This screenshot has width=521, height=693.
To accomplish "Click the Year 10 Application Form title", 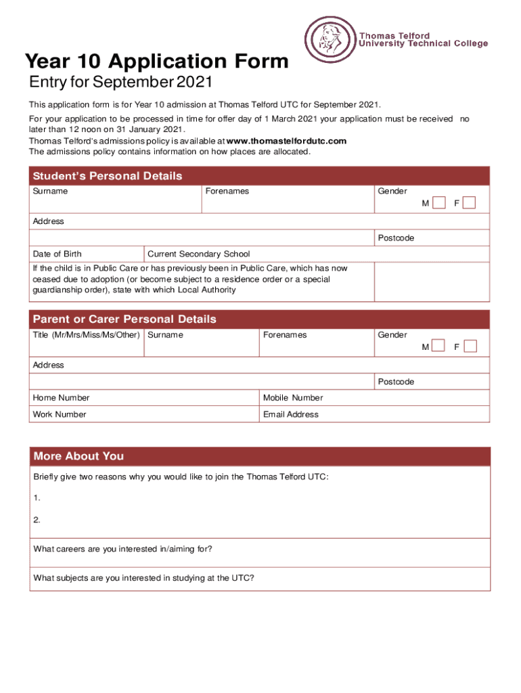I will [x=157, y=62].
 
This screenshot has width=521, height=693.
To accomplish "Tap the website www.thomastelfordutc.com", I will [x=286, y=141].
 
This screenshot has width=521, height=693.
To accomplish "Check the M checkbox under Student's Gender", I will [x=439, y=203].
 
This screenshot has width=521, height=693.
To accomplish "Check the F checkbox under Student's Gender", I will [x=469, y=203].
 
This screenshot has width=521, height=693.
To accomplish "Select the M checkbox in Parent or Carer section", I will [x=439, y=346].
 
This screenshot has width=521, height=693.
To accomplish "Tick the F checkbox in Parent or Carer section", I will [x=470, y=346].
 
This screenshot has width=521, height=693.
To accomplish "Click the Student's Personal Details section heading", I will [x=108, y=176].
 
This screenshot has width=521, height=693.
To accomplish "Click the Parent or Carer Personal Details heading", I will [x=124, y=319].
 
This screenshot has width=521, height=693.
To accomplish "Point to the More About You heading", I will [x=78, y=456].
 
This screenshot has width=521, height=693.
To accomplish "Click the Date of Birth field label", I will [x=58, y=254].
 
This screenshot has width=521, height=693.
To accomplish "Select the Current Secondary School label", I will [x=198, y=254].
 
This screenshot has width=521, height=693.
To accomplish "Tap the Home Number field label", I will [x=61, y=398].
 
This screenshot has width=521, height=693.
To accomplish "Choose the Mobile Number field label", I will [x=293, y=398].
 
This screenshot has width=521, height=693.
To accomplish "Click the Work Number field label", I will [x=60, y=414].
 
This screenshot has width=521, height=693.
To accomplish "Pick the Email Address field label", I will [x=291, y=414].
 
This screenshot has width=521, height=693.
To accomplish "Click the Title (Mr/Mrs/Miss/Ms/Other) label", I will [x=87, y=335].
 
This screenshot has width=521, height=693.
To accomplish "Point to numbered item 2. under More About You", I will [x=37, y=520].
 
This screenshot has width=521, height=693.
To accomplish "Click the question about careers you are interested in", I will [x=122, y=549].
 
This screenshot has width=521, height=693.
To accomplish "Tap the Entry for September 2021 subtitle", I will [x=121, y=83].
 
